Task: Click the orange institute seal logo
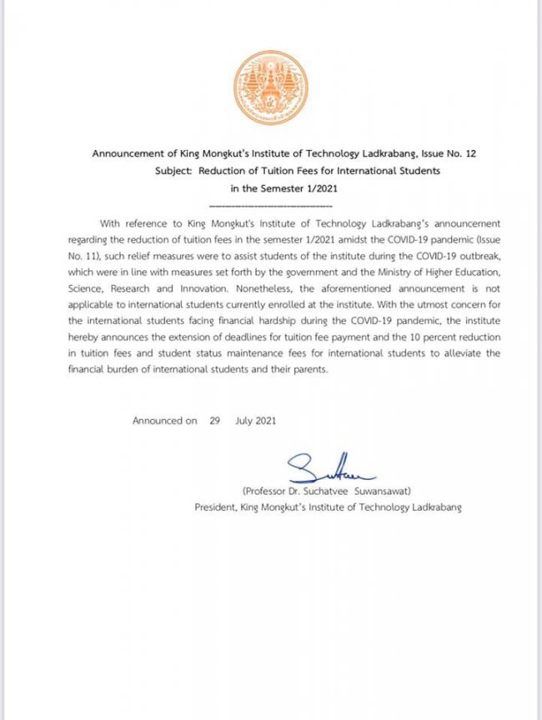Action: [270, 87]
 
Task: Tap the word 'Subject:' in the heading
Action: [173, 170]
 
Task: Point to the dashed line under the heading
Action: [270, 204]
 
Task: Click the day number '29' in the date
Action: [215, 421]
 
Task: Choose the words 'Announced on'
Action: [164, 421]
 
